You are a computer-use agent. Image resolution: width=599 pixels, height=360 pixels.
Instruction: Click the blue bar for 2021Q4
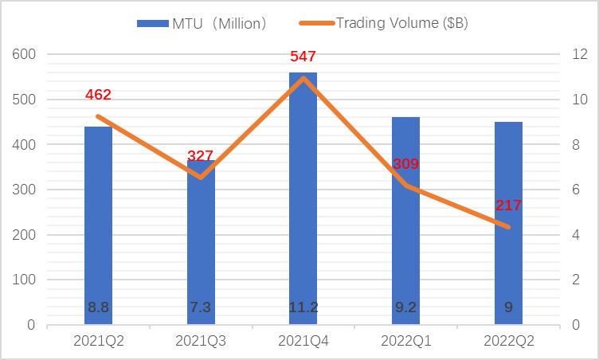[303, 199]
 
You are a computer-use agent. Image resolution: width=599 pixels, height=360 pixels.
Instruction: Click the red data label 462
[98, 95]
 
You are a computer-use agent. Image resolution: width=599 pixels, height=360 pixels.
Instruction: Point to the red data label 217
[507, 205]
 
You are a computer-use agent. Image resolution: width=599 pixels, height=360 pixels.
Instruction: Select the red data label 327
[201, 156]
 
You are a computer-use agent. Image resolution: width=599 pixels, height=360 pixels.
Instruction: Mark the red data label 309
[405, 164]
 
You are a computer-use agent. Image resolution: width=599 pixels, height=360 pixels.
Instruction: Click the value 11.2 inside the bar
[303, 307]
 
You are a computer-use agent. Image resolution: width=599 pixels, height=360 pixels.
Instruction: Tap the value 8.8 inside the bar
[98, 307]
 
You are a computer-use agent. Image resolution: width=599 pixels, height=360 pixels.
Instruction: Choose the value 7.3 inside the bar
[201, 307]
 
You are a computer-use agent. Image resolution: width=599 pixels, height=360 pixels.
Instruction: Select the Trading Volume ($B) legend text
[402, 23]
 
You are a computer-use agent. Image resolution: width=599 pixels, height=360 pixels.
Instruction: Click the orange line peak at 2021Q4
[303, 77]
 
